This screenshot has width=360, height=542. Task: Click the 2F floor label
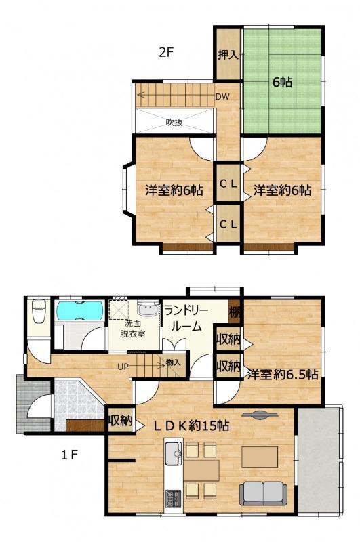click(165, 52)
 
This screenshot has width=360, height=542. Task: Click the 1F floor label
click(70, 455)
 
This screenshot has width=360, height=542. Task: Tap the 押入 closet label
click(228, 55)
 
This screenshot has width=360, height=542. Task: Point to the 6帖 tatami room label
click(283, 82)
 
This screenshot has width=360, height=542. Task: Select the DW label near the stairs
click(222, 97)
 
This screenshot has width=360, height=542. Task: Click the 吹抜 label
click(174, 122)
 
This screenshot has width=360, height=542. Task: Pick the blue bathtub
click(80, 310)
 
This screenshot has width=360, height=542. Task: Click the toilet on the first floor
click(39, 312)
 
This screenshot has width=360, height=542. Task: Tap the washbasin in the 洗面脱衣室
click(148, 308)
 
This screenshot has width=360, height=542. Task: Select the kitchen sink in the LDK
click(174, 453)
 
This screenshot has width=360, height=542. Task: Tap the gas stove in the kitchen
click(173, 498)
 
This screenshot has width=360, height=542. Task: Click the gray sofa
click(263, 494)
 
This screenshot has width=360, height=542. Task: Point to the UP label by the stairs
click(123, 367)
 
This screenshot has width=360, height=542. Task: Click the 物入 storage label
click(173, 362)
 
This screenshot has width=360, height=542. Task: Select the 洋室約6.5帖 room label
click(283, 374)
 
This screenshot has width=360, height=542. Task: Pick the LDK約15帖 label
click(191, 425)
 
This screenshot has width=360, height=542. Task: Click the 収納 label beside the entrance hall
click(121, 420)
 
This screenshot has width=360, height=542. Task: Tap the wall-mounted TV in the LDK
click(260, 415)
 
